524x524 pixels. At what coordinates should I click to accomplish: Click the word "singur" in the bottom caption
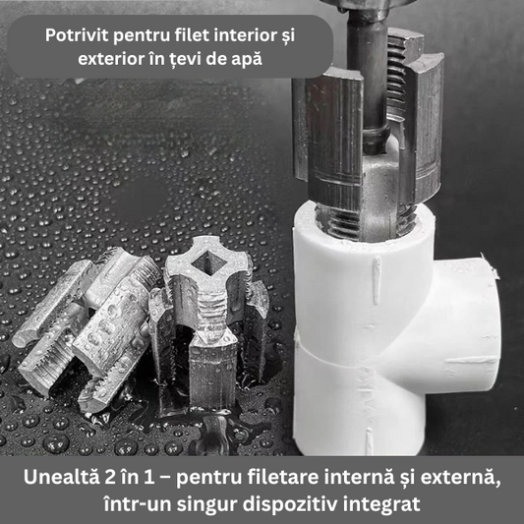click(205, 504)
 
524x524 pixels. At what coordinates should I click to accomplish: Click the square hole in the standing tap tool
click(206, 263)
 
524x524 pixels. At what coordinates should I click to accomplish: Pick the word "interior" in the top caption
click(246, 34)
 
